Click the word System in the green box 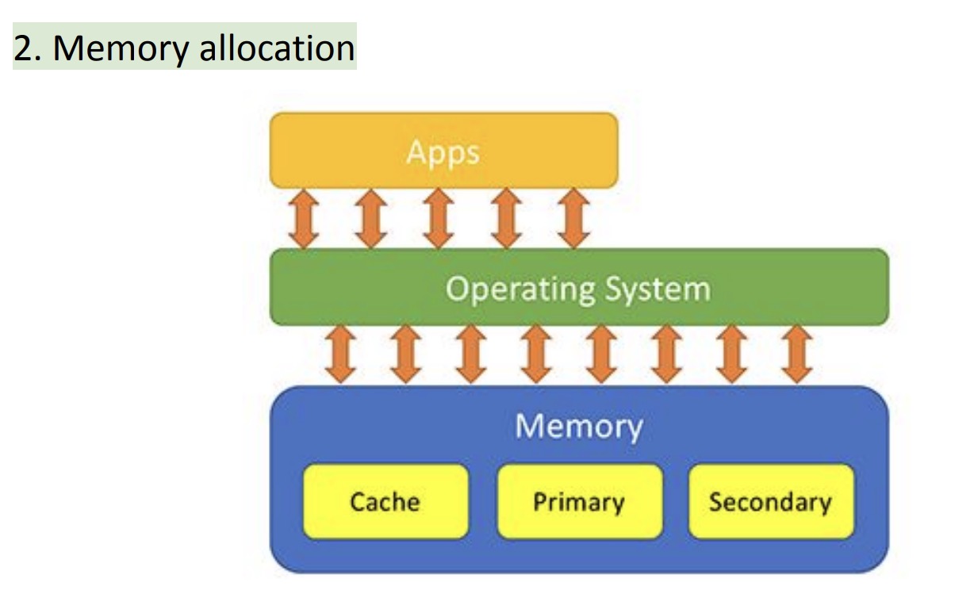point(658,289)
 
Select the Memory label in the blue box point(578,426)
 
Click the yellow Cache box point(385,502)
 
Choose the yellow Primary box point(579,502)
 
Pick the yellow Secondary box point(771,502)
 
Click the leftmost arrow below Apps point(305,219)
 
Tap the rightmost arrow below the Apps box point(572,219)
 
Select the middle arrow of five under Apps point(439,219)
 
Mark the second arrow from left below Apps point(371,219)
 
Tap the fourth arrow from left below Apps point(505,219)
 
